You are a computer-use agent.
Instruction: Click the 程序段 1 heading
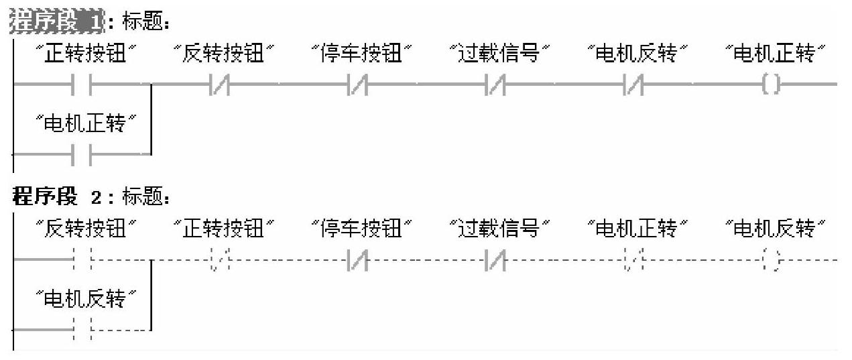click(x=57, y=22)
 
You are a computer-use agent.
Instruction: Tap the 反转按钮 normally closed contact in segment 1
click(x=220, y=85)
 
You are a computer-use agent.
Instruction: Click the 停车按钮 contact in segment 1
click(x=357, y=85)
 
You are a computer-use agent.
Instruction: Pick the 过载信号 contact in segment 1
click(x=495, y=85)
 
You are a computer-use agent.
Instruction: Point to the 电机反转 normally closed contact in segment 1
click(x=633, y=85)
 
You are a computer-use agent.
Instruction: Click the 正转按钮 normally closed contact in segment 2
click(x=220, y=259)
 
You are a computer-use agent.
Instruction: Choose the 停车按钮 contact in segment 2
click(x=357, y=259)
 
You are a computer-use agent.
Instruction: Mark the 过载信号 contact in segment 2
click(x=495, y=259)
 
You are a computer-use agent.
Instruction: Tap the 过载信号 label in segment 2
click(x=499, y=230)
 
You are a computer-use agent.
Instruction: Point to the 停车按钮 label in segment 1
click(x=362, y=54)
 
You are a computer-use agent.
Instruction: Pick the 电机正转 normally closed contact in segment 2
click(x=633, y=259)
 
